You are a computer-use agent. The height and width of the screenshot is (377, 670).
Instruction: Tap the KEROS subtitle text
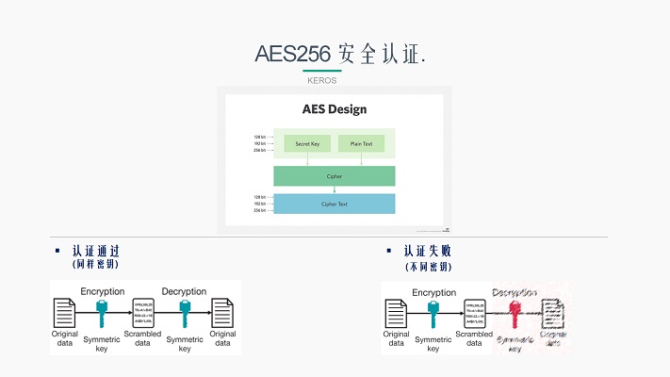point(321,80)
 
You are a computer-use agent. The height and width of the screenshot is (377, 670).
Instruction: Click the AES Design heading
point(334,108)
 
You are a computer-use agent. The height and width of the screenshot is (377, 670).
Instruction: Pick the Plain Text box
point(361,144)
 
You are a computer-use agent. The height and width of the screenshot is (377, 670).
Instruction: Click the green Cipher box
point(334,175)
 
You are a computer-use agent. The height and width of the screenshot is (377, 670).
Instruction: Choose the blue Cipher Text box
point(334,204)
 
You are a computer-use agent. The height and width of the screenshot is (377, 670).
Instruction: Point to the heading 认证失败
point(427,252)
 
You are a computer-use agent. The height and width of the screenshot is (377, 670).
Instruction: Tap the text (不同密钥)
point(427,266)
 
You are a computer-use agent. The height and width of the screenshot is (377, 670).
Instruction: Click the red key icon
point(515,313)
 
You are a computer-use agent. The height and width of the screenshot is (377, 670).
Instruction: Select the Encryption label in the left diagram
point(102,292)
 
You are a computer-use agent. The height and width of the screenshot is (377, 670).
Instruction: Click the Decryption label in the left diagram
point(184,292)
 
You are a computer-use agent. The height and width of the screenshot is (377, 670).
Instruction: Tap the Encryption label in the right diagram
point(433,293)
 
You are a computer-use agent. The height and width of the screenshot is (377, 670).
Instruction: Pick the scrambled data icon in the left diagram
point(143,312)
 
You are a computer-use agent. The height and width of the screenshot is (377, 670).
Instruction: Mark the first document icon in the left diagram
point(64,312)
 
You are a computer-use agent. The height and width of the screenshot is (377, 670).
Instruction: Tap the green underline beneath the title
point(321,71)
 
